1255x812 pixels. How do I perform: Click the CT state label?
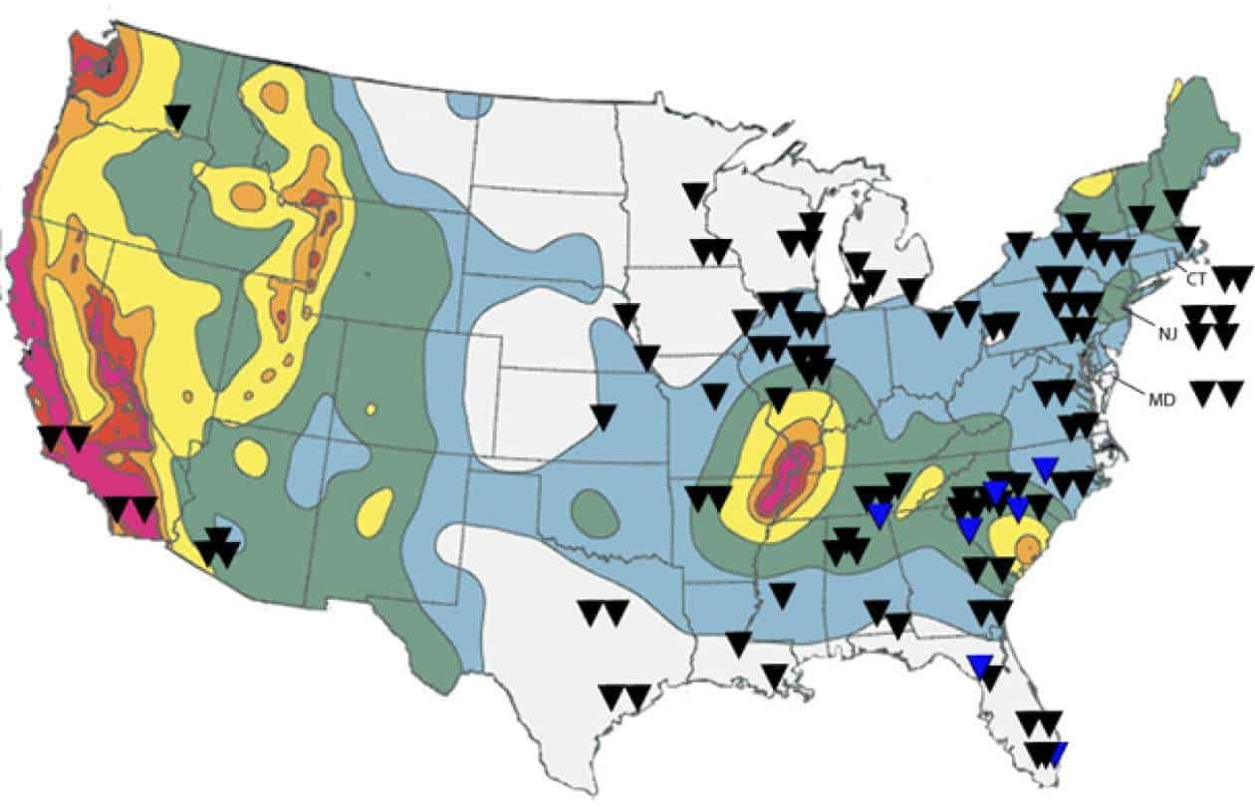[x=1195, y=280]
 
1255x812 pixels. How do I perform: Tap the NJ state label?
[x=1167, y=333]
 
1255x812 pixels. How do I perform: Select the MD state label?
[x=1161, y=400]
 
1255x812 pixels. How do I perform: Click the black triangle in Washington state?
[x=177, y=117]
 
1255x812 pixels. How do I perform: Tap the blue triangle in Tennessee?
[x=878, y=513]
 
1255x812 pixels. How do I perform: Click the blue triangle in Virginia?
[x=1045, y=467]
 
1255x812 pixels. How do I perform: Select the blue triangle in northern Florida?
[x=979, y=665]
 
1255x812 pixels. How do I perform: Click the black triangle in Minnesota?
[x=695, y=193]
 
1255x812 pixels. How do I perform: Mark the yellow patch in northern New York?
[x=1095, y=184]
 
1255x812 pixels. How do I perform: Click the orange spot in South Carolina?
[x=1029, y=546]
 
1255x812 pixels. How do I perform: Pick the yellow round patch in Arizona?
[x=251, y=458]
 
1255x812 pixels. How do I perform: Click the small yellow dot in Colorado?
[x=371, y=408]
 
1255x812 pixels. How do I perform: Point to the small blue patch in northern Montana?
[x=470, y=104]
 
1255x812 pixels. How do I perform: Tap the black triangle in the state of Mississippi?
[x=783, y=595]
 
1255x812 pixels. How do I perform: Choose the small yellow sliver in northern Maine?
[x=1177, y=91]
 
